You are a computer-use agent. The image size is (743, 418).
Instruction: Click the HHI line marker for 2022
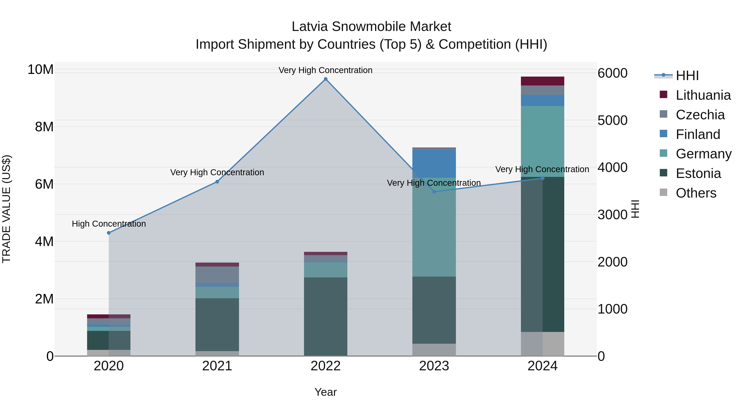click(x=326, y=79)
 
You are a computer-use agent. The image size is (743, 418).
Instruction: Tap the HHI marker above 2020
click(x=109, y=233)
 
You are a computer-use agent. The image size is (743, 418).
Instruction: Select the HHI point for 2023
click(x=434, y=192)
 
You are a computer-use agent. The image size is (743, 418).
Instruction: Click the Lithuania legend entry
click(x=703, y=95)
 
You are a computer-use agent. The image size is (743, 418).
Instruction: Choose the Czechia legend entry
click(x=700, y=115)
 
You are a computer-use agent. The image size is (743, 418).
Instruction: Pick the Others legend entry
click(x=696, y=193)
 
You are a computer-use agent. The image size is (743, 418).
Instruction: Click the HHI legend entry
click(x=687, y=76)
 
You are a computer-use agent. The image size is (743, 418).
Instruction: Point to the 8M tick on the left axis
click(x=44, y=127)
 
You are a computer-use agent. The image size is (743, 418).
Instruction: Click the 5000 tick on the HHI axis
click(x=612, y=120)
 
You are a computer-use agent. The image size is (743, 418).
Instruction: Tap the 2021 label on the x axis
click(x=217, y=366)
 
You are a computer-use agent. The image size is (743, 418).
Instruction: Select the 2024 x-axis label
click(x=543, y=366)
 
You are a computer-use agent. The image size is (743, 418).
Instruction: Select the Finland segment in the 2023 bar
click(x=434, y=163)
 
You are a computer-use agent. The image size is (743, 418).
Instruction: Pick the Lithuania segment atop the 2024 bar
click(x=543, y=81)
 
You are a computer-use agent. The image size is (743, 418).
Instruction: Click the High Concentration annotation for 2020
click(x=109, y=224)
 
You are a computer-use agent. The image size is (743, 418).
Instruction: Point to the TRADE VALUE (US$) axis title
click(x=6, y=209)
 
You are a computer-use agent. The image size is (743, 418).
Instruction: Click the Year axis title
click(x=326, y=392)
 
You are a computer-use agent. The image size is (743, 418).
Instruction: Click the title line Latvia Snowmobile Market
click(x=371, y=27)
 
